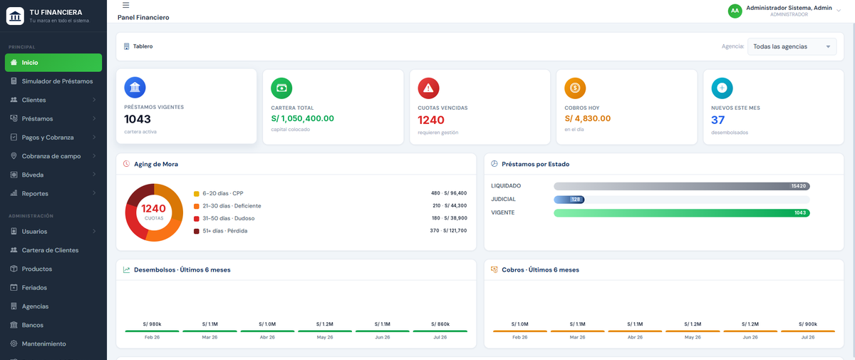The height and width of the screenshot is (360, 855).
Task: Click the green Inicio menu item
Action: [53, 63]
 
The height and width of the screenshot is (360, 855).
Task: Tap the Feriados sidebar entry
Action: [34, 287]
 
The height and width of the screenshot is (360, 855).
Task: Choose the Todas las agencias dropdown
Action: [792, 46]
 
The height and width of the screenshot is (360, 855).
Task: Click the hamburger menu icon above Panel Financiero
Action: [125, 5]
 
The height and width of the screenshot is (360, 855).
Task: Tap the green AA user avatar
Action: [735, 11]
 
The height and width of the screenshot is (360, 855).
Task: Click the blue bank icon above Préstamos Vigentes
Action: [135, 88]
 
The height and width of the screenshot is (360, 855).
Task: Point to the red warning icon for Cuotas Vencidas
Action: [428, 88]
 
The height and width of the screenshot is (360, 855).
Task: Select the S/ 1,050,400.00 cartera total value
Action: [302, 118]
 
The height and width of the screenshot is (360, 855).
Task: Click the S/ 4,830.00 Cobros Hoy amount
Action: [587, 118]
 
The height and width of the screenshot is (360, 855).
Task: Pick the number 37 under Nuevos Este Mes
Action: [717, 120]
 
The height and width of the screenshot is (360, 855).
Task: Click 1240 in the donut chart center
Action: [153, 208]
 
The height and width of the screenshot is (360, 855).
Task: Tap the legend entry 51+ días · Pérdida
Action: [225, 231]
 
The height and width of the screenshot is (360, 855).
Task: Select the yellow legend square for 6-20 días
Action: [196, 194]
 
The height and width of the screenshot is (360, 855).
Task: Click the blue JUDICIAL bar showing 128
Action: [569, 200]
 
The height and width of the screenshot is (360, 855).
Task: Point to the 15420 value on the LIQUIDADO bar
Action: [799, 186]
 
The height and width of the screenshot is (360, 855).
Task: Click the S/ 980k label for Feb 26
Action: [152, 324]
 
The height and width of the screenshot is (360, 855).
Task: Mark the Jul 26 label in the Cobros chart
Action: [808, 337]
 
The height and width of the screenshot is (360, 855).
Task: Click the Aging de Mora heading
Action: [156, 164]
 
